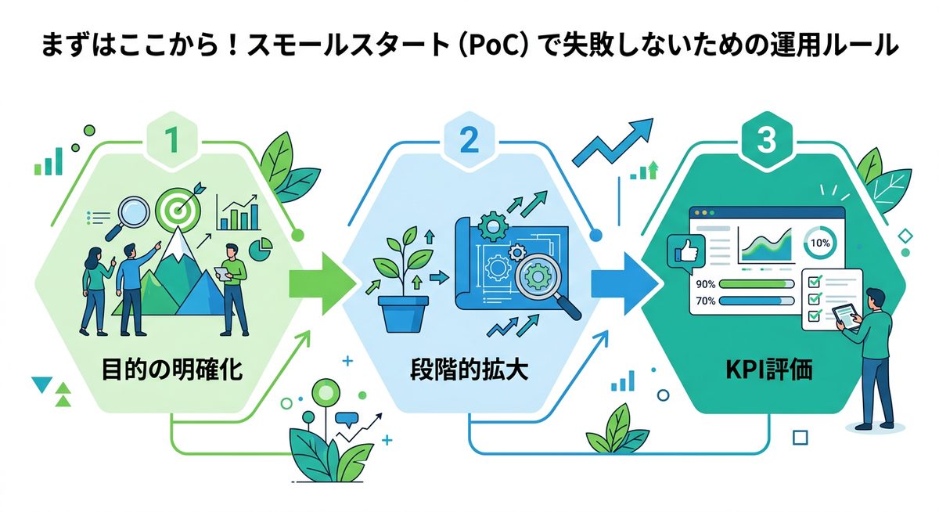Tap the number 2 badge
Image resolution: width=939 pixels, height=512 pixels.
[x=469, y=141]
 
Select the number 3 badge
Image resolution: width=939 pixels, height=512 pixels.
[x=767, y=141]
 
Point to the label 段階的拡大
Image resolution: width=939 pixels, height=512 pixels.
[x=469, y=369]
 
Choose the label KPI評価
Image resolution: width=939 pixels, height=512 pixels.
[x=767, y=369]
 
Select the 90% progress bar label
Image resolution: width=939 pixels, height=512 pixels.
[x=705, y=284]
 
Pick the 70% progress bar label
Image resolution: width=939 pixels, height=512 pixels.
[x=705, y=300]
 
